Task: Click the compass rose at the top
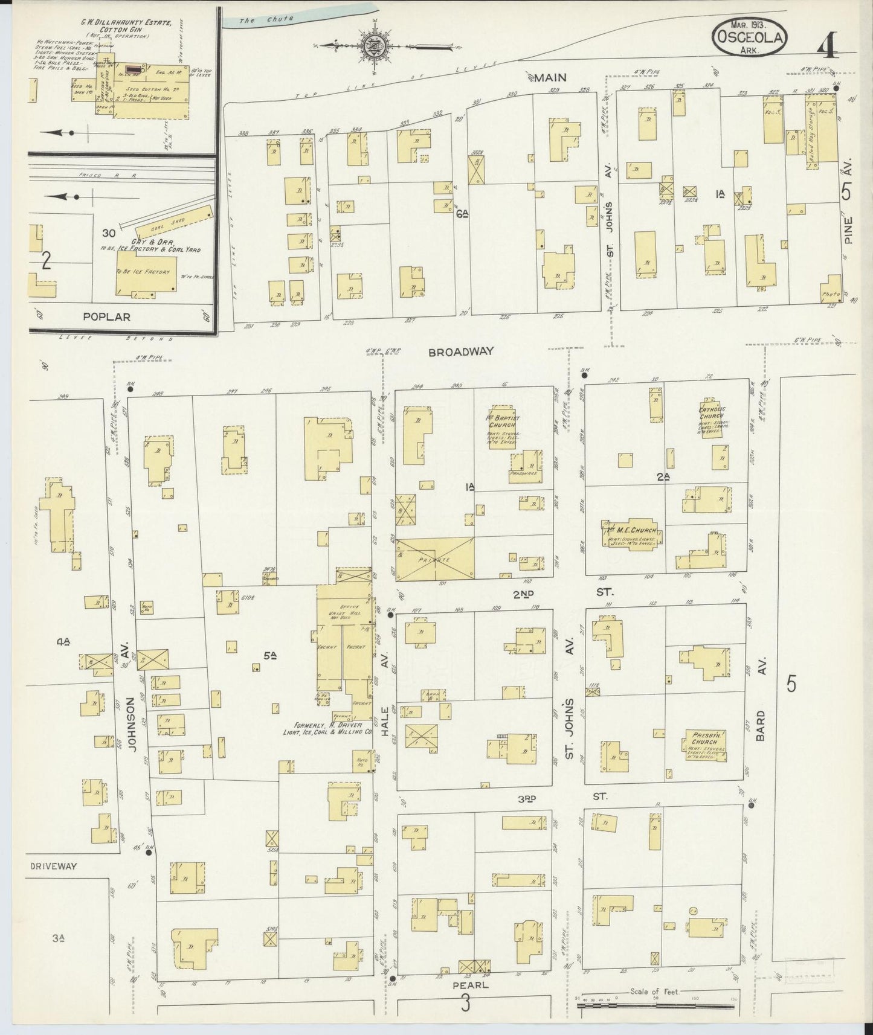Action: (373, 45)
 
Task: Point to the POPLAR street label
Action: (106, 316)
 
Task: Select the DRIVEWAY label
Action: (54, 866)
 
